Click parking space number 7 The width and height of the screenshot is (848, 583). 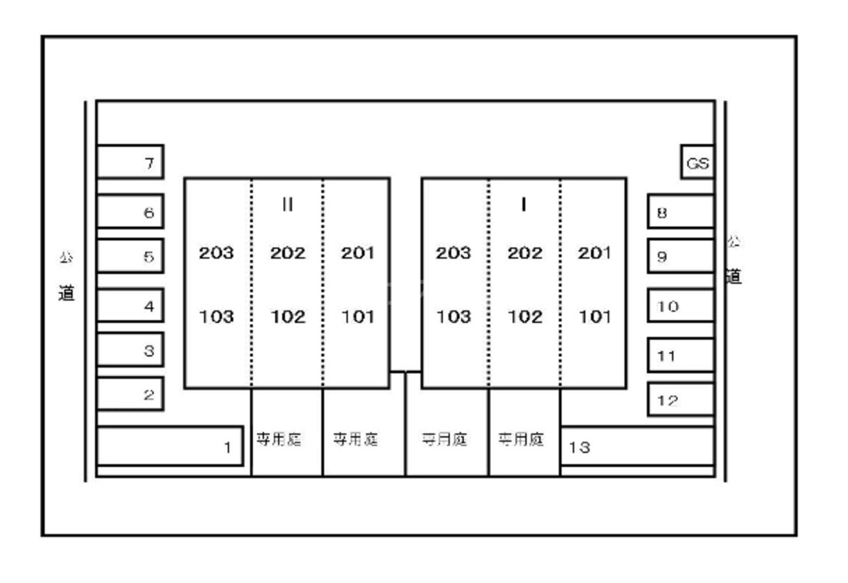point(130,162)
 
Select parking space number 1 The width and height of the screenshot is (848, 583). point(170,447)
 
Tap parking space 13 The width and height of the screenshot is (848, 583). point(636,447)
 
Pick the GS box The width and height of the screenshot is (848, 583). point(697,163)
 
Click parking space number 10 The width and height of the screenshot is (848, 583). point(680,306)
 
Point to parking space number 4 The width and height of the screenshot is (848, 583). point(130,305)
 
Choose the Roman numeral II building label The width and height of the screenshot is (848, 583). point(287,204)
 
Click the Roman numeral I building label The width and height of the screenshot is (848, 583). point(524,204)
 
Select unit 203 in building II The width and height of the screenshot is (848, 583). point(217,253)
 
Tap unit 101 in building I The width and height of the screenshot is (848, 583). point(594,317)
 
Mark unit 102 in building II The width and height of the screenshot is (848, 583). point(288,317)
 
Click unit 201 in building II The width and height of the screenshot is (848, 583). point(358,253)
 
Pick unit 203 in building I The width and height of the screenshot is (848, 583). point(453,253)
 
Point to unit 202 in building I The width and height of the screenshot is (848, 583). point(525,253)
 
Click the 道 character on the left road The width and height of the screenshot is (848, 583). point(66,293)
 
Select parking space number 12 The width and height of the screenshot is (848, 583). point(680,400)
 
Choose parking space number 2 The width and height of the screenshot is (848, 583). point(130,394)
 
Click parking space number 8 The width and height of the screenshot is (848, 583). point(680,212)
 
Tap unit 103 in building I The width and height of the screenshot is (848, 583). point(453,317)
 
